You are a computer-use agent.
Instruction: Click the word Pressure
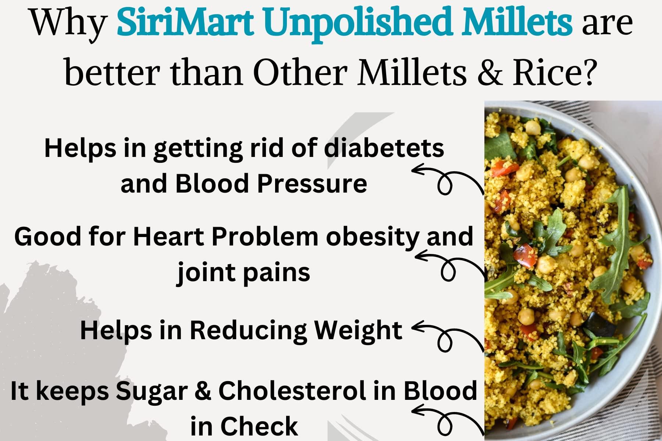[312, 183]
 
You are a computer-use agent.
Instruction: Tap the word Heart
[168, 236]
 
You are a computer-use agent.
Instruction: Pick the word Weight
[358, 330]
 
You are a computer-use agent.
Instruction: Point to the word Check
[259, 426]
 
